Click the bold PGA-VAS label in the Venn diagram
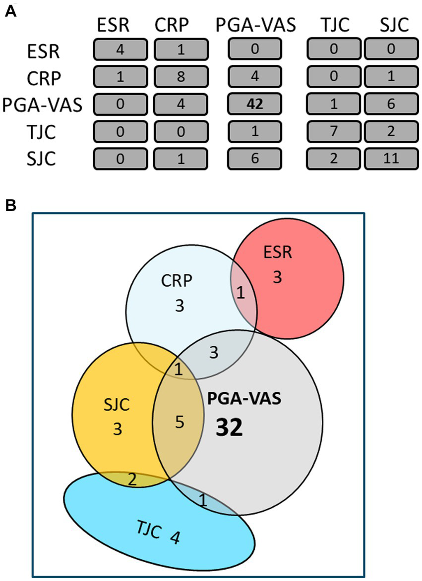[243, 399]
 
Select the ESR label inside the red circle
[277, 254]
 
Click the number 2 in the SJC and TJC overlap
[131, 478]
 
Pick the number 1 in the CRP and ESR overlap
[241, 294]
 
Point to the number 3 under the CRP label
[179, 306]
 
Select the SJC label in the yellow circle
[118, 405]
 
